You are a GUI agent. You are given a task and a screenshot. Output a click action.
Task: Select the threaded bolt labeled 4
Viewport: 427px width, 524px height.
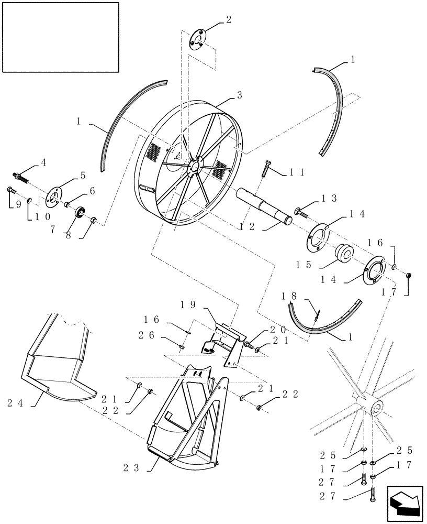coord(19,177)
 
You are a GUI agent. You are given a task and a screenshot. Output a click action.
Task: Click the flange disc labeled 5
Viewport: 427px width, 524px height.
coord(53,198)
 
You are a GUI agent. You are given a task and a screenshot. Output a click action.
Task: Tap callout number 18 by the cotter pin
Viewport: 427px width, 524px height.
coord(289,296)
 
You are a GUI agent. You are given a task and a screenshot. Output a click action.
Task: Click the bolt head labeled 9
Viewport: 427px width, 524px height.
coord(10,190)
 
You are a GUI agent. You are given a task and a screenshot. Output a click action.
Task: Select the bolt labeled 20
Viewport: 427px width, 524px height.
coord(247,345)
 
